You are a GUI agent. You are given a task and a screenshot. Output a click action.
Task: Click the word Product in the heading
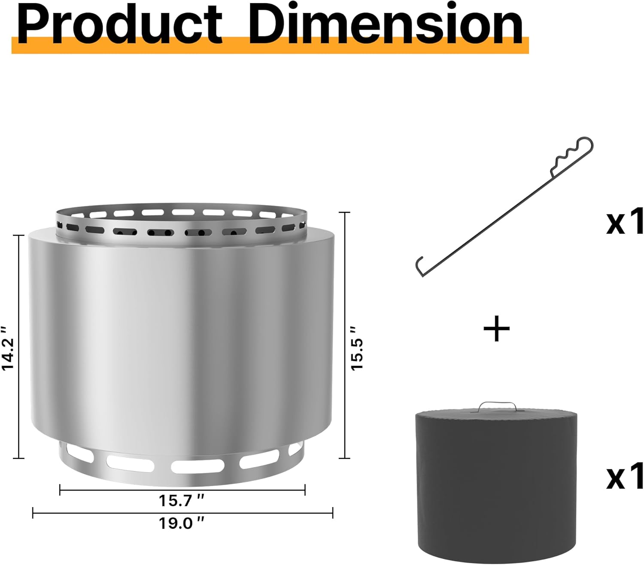pos(120,25)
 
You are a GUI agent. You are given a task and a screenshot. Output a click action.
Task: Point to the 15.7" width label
pos(181,501)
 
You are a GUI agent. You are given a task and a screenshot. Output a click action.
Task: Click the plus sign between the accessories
pos(496,328)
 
